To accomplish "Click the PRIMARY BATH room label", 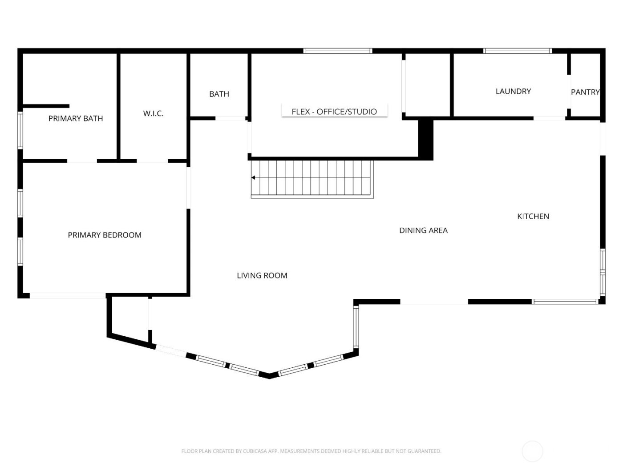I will tap(76, 118).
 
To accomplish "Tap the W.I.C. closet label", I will tap(153, 113).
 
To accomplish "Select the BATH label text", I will tap(219, 94).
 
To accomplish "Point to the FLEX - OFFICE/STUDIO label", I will tap(334, 111).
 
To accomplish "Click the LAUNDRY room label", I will tap(513, 91).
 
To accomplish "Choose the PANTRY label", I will tap(585, 92).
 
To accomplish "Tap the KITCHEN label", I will tap(533, 216).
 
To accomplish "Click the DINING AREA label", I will tap(423, 230).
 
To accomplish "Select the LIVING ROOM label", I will tap(262, 275).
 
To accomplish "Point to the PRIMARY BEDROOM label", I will tap(105, 235).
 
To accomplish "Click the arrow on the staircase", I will tap(253, 177).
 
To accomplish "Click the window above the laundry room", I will tap(518, 51).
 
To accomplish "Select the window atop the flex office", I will tap(338, 51).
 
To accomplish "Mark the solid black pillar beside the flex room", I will tap(426, 138).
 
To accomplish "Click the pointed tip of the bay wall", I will tap(269, 376).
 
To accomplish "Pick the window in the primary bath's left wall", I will tap(20, 130).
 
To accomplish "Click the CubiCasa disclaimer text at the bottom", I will tap(311, 451).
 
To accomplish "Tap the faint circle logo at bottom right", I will tap(532, 451).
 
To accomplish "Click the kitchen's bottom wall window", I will tap(565, 302).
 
